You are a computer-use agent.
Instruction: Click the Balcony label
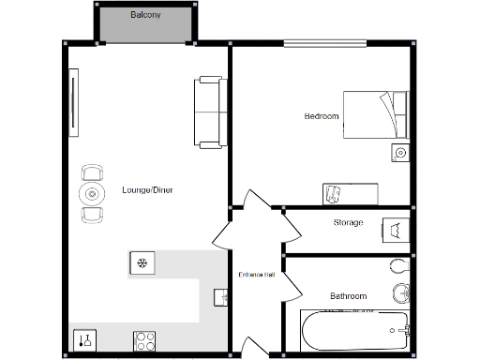[x=144, y=16]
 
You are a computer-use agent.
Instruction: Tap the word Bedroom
[x=322, y=116]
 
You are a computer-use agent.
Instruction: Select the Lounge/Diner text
[x=147, y=190]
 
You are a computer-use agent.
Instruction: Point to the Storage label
[x=348, y=222]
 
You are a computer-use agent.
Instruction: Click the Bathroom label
[x=348, y=296]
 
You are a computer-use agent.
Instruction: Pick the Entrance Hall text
[x=256, y=275]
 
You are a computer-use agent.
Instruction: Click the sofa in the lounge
[x=208, y=112]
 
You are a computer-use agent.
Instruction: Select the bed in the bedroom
[x=375, y=114]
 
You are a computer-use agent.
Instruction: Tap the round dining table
[x=92, y=194]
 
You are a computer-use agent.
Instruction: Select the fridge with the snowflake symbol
[x=142, y=263]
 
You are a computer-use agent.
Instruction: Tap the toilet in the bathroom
[x=400, y=265]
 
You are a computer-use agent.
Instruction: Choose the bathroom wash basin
[x=401, y=292]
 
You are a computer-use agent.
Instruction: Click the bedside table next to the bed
[x=400, y=153]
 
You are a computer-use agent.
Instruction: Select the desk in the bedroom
[x=351, y=193]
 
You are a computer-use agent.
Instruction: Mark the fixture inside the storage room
[x=394, y=230]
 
